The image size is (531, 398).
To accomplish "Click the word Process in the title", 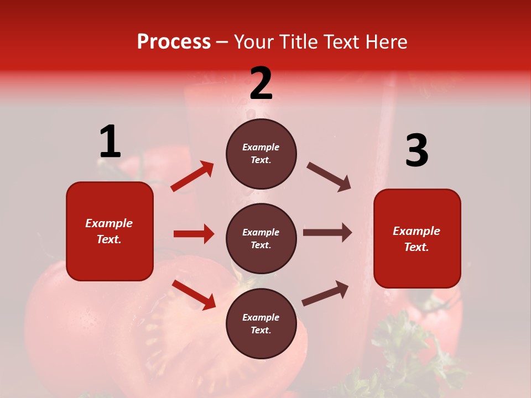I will pos(174,41).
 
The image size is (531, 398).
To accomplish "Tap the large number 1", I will pos(110,142).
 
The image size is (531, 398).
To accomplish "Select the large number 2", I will pos(261,83).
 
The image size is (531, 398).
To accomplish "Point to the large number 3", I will pos(417,151).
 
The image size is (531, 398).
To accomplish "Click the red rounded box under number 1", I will pos(110,231).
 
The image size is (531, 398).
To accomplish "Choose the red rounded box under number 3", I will pos(417,238).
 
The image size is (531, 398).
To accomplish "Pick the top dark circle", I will pos(261,154).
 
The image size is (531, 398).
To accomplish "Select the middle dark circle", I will pos(261,238).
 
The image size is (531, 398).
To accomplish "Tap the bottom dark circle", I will pos(261,323).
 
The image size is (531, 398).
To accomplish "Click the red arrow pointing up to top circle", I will pos(192,176).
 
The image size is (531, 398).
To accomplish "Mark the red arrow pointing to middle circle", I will pos(194,234).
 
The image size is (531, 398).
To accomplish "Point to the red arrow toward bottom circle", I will pos(194,294).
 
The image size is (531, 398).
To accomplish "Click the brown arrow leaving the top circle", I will pos(329,177).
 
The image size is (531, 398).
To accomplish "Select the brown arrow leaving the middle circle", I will pos(327,232).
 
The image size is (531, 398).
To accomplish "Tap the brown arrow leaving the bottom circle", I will pos(325,294).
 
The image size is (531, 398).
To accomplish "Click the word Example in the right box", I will pos(417,231).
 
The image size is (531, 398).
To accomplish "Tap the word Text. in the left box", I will pos(109,239).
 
